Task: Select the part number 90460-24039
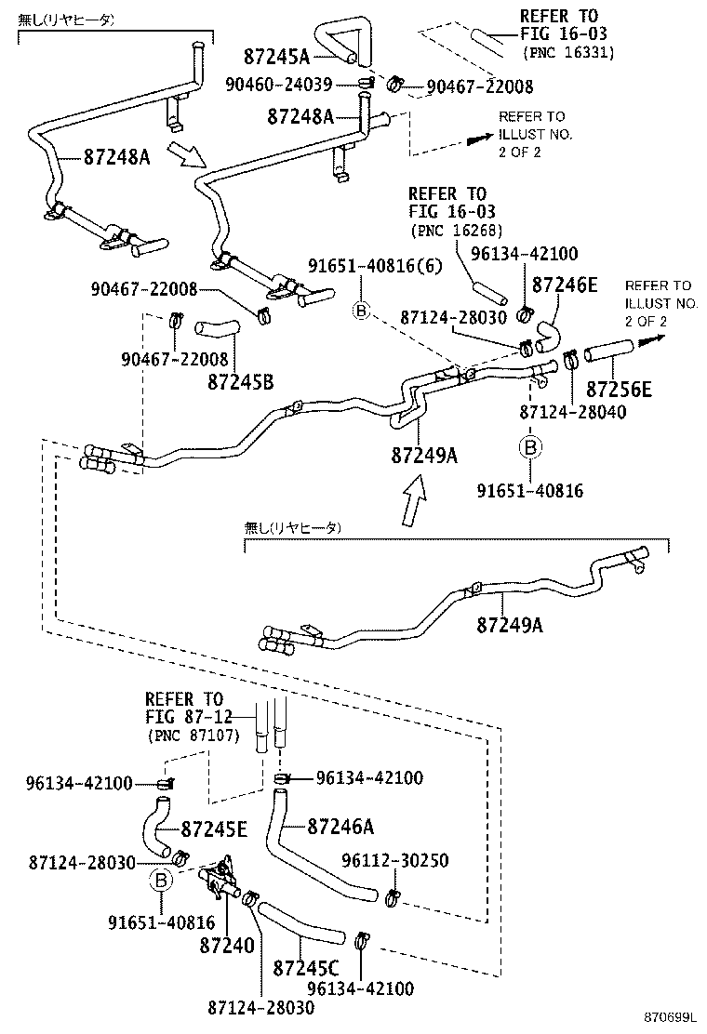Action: point(278,85)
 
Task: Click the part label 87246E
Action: point(565,285)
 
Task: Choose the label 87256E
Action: point(619,390)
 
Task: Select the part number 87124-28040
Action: point(572,411)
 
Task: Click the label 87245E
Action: point(214,829)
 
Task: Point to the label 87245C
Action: point(305,968)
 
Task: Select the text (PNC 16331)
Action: point(568,53)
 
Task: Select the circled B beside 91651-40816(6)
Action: point(362,311)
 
